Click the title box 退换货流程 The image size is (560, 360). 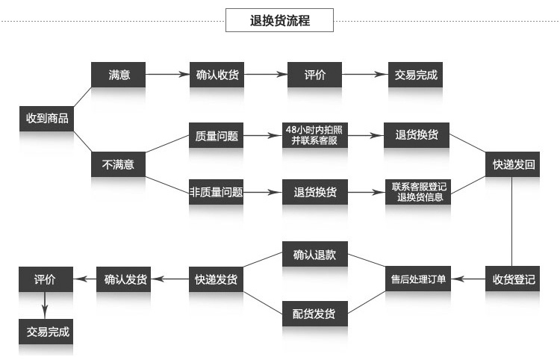pos(279,21)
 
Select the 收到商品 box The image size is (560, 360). pos(47,119)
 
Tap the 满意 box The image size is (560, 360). pos(118,75)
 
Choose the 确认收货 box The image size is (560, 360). pos(217,75)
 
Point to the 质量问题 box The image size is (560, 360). pos(217,137)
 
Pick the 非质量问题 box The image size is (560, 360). pos(217,192)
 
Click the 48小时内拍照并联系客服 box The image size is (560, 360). pos(314,137)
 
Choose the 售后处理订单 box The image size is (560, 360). pos(418,279)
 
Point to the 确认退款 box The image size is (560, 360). pos(314,255)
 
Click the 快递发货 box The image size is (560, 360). pos(217,279)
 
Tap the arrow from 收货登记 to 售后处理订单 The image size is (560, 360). pos(469,279)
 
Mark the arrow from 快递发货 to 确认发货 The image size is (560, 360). pos(171,279)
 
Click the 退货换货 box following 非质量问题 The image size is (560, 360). pos(314,192)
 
